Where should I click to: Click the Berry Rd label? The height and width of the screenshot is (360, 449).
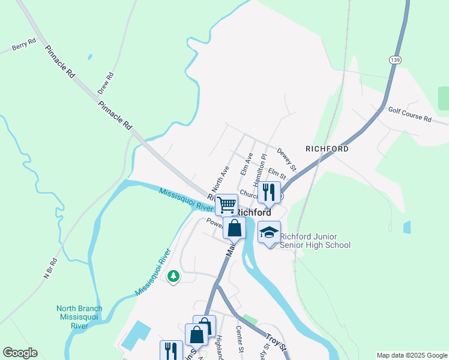point(24,46)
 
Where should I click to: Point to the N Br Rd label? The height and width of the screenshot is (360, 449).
point(50,268)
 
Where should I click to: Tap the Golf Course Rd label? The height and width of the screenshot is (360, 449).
point(409,115)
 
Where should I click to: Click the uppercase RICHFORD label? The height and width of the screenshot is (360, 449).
point(327,148)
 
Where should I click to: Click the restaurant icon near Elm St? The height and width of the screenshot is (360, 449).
point(269,192)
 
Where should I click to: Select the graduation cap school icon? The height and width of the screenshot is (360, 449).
point(269,232)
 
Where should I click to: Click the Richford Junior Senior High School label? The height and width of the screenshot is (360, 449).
point(315,241)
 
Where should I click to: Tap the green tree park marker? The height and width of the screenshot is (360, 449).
point(173,276)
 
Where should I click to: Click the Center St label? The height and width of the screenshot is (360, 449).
point(240,340)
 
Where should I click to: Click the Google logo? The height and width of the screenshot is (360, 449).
point(20,352)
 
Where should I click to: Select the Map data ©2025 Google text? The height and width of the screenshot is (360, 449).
point(411,355)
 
